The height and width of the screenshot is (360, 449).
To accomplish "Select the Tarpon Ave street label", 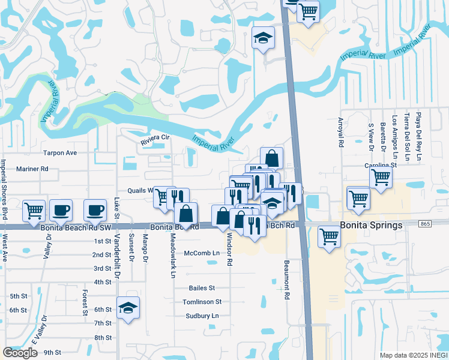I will (x=59, y=153).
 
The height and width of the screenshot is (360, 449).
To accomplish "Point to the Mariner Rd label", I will (x=32, y=169).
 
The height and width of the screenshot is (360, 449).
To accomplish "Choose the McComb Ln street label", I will (x=202, y=253).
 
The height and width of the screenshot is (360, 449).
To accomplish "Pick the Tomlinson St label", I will (x=202, y=302).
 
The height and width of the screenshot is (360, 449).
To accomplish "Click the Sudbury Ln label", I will (x=201, y=316).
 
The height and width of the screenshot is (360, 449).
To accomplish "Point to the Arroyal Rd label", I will (x=340, y=136).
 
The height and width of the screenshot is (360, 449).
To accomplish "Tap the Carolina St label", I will (x=381, y=164).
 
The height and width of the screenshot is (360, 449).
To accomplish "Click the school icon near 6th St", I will (x=128, y=308).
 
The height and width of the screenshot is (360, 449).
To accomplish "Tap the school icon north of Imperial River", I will (x=263, y=38).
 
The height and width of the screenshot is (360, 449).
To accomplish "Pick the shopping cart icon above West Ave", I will (x=34, y=210).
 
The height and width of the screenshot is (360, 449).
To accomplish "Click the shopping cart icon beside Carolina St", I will (x=381, y=177).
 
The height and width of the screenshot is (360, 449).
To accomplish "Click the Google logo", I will (x=20, y=352).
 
